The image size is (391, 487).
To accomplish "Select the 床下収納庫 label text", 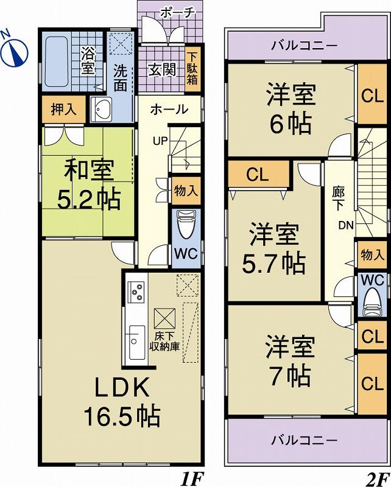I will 165,342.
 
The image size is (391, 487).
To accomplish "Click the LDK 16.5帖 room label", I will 121,401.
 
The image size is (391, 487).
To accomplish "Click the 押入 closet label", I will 63,110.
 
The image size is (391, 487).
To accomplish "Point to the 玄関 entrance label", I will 161,69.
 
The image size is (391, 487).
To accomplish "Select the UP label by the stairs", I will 160,142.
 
